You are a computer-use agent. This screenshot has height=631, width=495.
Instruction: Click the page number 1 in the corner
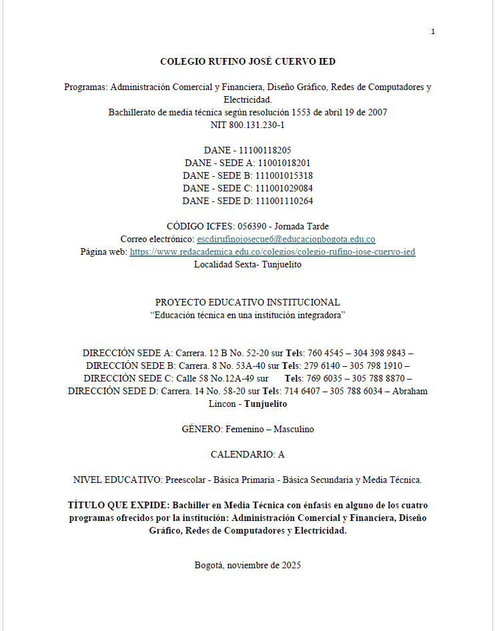coord(433,31)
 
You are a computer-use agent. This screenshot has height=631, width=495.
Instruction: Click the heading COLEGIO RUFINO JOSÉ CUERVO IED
coord(247,61)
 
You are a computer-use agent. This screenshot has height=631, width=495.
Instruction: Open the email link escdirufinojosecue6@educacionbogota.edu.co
coord(286,239)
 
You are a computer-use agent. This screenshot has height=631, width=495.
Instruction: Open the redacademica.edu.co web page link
coord(272,251)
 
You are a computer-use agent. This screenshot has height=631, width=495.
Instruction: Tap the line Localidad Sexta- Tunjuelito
coord(247,264)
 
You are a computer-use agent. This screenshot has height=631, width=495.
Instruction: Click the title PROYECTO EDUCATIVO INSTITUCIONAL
coord(247,302)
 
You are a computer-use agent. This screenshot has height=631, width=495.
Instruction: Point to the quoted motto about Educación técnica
coord(247,315)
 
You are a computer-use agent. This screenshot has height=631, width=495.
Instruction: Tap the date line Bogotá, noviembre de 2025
coord(247,565)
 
